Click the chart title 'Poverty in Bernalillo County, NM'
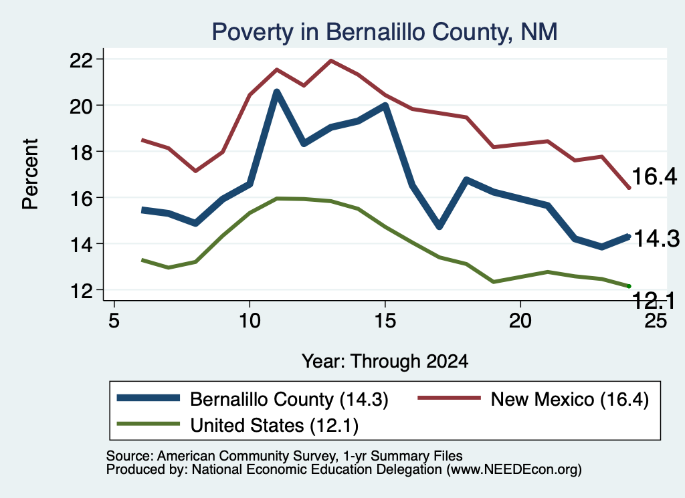[x=385, y=32]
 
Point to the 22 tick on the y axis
[x=100, y=59]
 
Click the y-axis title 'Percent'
[x=31, y=174]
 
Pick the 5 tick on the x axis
[x=114, y=303]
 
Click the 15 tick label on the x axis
[x=385, y=321]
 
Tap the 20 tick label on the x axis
[x=520, y=321]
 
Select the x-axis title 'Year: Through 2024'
[x=385, y=362]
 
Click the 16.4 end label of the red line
[x=654, y=176]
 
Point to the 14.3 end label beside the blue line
[x=657, y=239]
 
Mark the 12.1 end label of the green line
[x=653, y=301]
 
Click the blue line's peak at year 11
[x=276, y=91]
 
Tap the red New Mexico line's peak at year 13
[x=330, y=61]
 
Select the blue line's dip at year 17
[x=439, y=226]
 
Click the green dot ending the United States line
[x=629, y=286]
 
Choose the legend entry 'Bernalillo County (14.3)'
[x=252, y=399]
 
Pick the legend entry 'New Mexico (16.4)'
[x=533, y=399]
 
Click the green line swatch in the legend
[x=148, y=424]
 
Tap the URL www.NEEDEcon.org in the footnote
[x=514, y=469]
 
